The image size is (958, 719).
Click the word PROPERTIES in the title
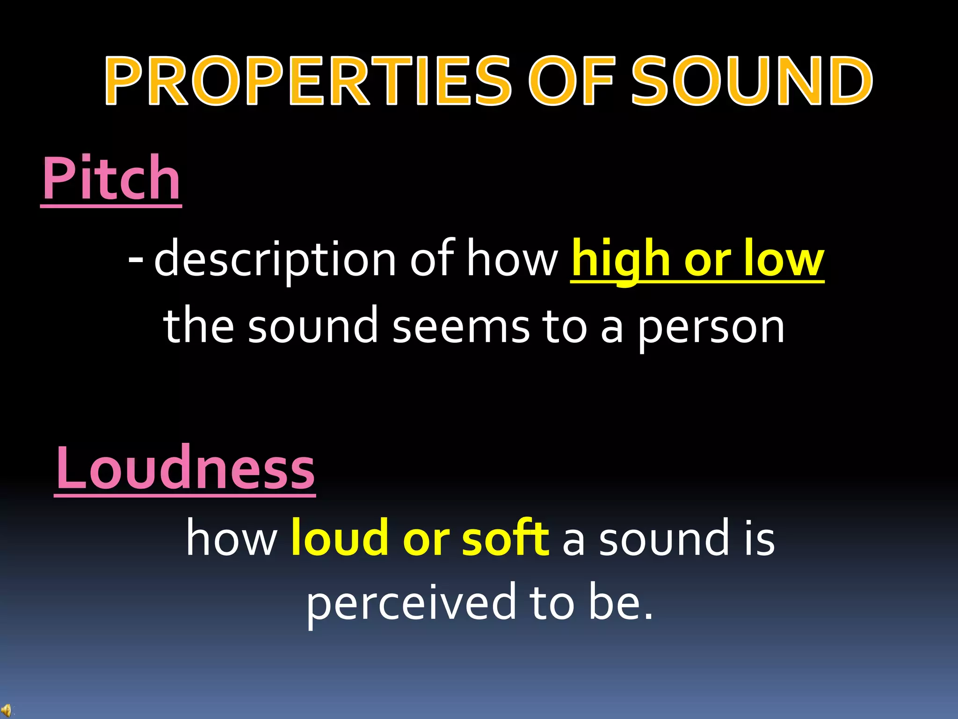(x=309, y=81)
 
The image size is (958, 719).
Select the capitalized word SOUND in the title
(x=751, y=81)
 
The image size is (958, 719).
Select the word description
(x=276, y=260)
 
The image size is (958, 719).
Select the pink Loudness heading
(x=185, y=468)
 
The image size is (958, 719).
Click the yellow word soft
(x=505, y=538)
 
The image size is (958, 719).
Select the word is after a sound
(x=760, y=539)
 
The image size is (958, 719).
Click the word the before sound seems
(x=199, y=325)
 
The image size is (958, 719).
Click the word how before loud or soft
(x=232, y=539)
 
